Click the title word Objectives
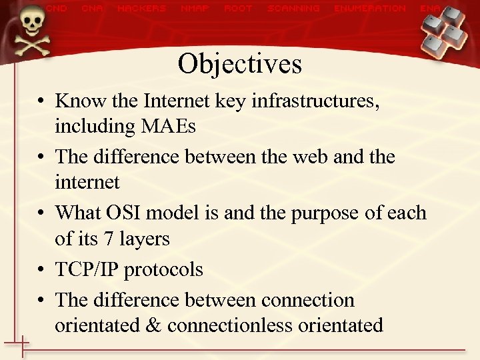(x=239, y=64)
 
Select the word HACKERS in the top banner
(x=141, y=9)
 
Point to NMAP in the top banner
(x=195, y=9)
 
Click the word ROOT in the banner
(x=238, y=9)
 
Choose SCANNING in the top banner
(x=293, y=9)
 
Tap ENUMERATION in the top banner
(x=370, y=9)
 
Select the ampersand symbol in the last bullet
(x=155, y=325)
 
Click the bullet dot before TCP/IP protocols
(x=41, y=270)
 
